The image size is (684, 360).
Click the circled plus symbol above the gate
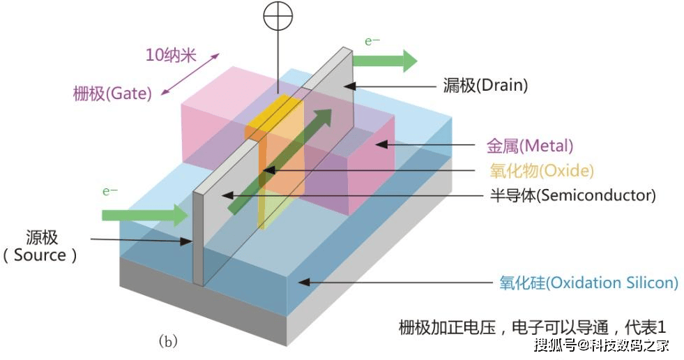click(x=278, y=16)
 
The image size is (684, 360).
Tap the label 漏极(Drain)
click(x=485, y=85)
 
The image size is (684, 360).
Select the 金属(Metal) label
click(x=530, y=146)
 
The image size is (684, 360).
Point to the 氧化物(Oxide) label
click(x=542, y=170)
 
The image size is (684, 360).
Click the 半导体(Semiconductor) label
click(x=572, y=195)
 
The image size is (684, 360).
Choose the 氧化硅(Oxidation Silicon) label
click(x=589, y=283)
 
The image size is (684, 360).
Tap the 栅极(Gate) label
click(x=112, y=93)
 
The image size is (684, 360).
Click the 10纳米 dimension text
click(x=171, y=55)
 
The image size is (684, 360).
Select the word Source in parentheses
click(x=40, y=255)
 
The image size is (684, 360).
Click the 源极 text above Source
click(x=42, y=238)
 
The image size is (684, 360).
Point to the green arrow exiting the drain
click(x=385, y=61)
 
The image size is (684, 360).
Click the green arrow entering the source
click(x=145, y=215)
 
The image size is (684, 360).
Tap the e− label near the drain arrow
click(x=372, y=41)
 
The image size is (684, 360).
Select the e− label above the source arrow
click(x=110, y=191)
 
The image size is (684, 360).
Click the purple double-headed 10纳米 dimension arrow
click(x=190, y=74)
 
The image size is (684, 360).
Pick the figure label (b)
click(x=168, y=340)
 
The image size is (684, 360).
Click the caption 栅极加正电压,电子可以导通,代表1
click(x=532, y=327)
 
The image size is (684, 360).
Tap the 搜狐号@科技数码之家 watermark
click(x=602, y=345)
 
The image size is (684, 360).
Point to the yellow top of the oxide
click(x=274, y=114)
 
